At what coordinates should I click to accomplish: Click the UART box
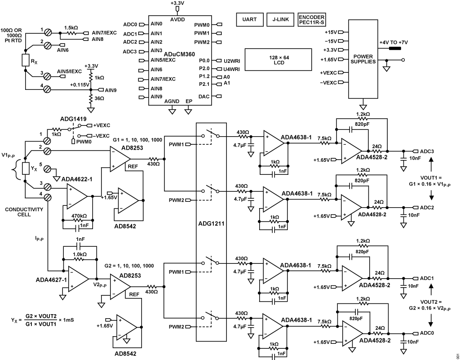pyautogui.click(x=249, y=20)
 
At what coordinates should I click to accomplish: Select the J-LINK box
pyautogui.click(x=280, y=20)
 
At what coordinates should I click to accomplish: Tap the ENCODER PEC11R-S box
pyautogui.click(x=311, y=20)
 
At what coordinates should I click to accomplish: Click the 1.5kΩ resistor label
pyautogui.click(x=71, y=27)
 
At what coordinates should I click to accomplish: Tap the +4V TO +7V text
pyautogui.click(x=394, y=42)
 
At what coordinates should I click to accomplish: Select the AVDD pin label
pyautogui.click(x=176, y=18)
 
